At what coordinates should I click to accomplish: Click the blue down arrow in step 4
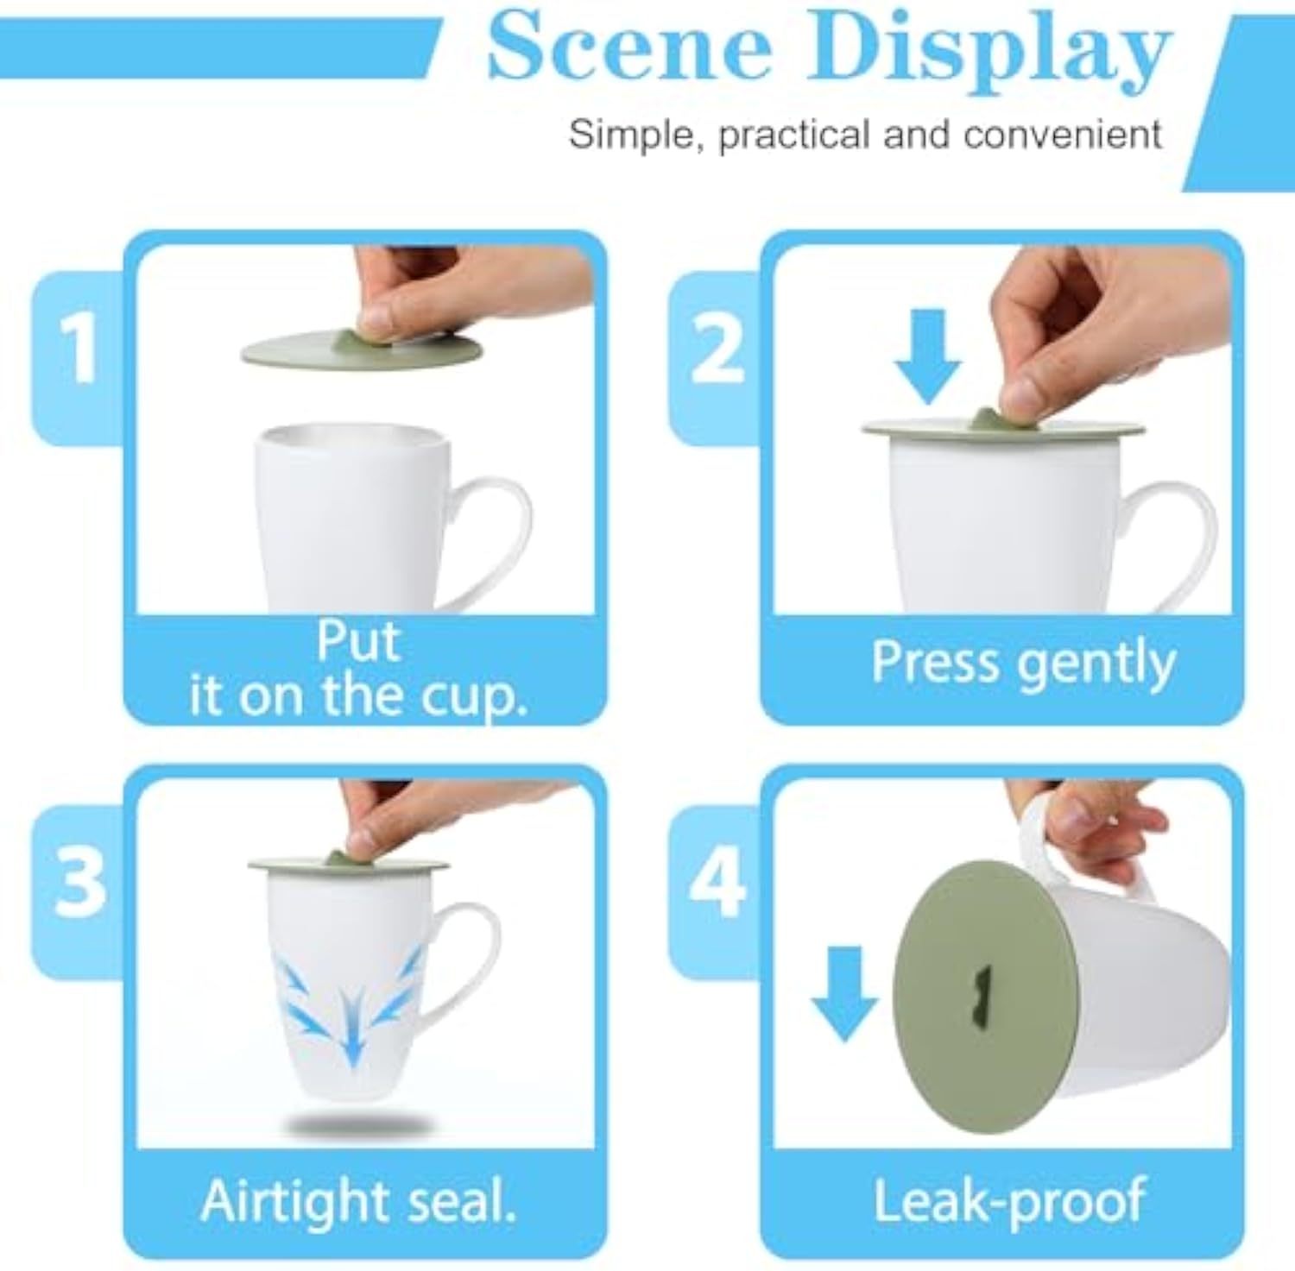(x=844, y=992)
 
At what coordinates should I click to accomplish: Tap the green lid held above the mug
(x=361, y=349)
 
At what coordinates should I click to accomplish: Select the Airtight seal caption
(x=358, y=1201)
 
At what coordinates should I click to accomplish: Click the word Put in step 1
(x=358, y=641)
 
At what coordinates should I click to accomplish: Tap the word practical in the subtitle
(x=794, y=135)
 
